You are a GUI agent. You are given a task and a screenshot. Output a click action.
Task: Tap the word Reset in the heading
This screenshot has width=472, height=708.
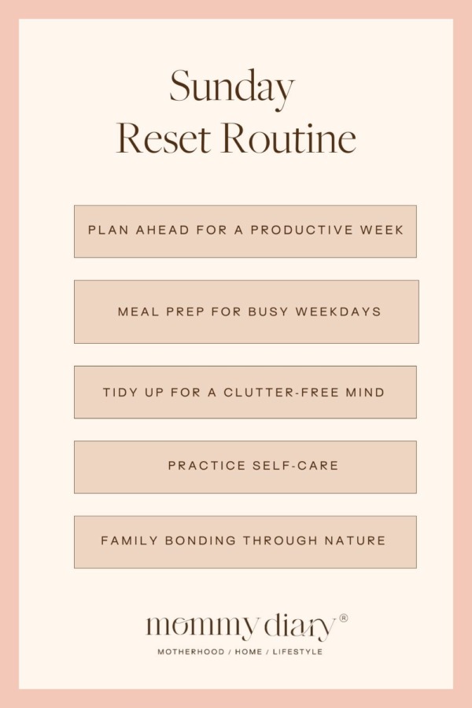point(163,138)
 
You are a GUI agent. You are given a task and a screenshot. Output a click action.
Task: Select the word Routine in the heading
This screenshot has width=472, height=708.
point(288,138)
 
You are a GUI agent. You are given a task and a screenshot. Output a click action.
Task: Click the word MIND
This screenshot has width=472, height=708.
point(366,392)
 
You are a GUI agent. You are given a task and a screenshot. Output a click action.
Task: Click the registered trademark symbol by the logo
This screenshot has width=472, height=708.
point(344,618)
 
